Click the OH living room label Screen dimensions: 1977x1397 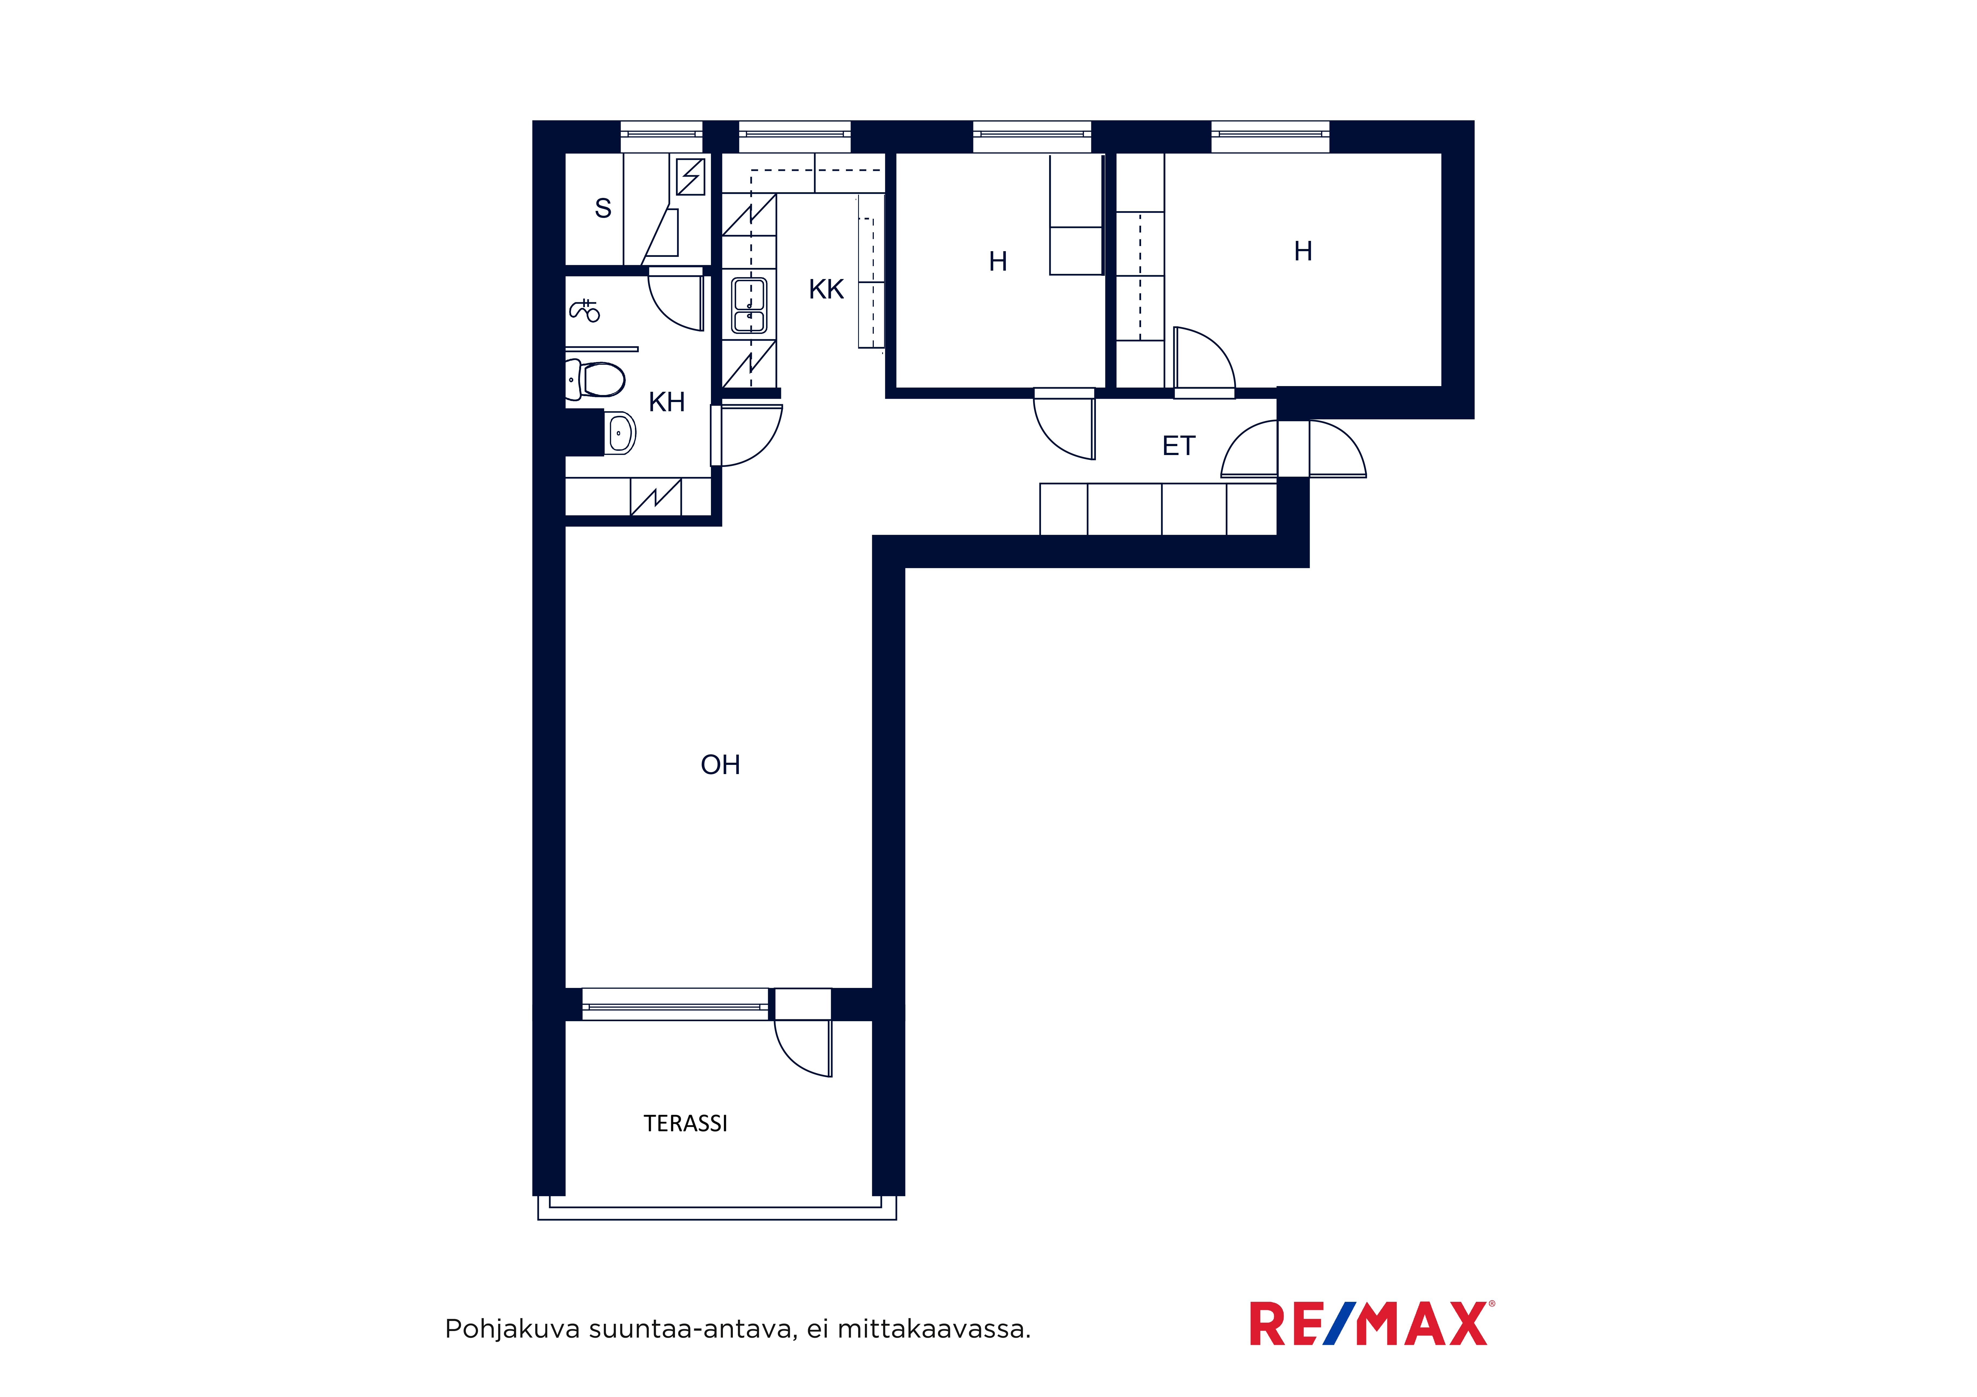tap(720, 764)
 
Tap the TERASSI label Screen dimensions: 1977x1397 tap(686, 1123)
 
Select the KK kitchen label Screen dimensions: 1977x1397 tap(826, 289)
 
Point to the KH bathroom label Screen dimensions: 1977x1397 tap(667, 402)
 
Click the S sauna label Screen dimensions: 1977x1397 tap(603, 208)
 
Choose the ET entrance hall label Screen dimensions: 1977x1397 tap(1179, 446)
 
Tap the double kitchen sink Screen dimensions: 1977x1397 tap(749, 306)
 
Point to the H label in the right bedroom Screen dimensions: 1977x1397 tap(1303, 251)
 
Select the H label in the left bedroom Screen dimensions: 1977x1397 tap(998, 262)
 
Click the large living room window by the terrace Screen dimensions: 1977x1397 tap(675, 1004)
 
